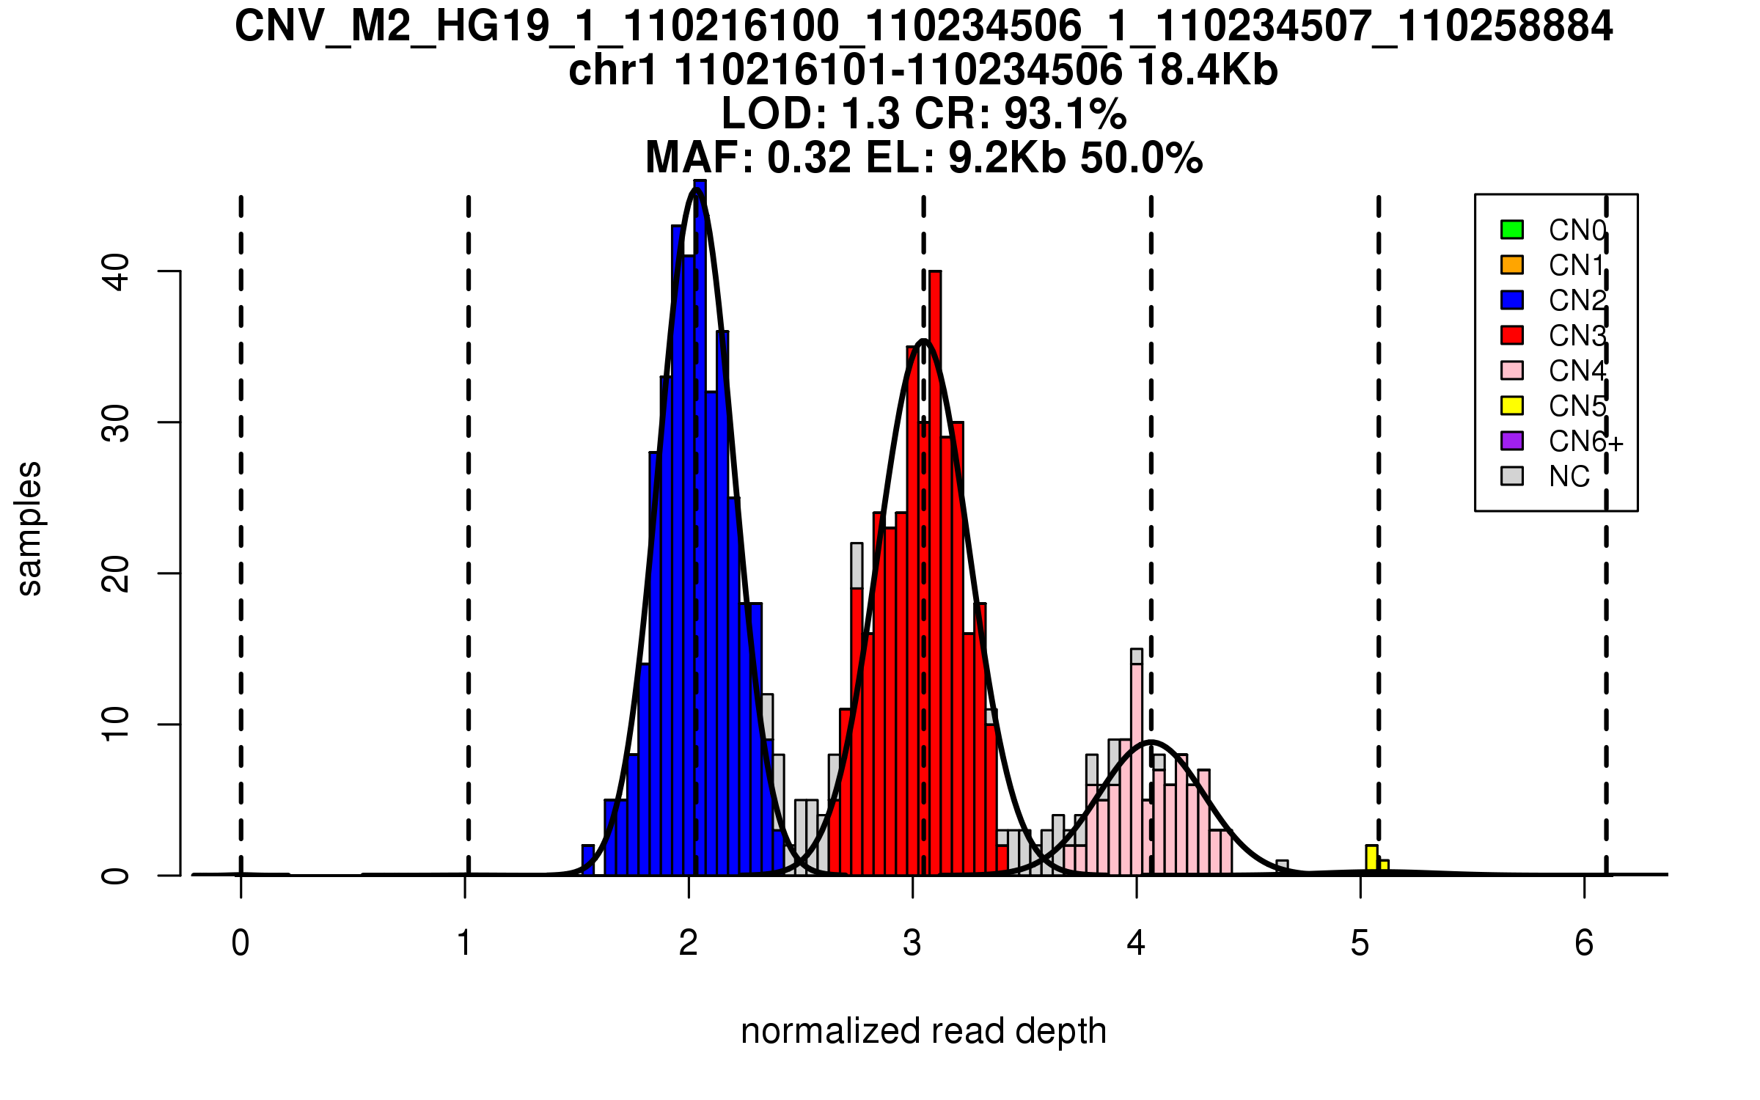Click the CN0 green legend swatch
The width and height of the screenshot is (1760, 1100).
click(1512, 230)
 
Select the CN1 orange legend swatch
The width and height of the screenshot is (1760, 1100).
click(1512, 265)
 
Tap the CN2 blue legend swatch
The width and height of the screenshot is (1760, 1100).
click(1512, 300)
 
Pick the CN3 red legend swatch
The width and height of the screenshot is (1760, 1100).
click(1512, 335)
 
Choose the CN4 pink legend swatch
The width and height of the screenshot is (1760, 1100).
click(1512, 370)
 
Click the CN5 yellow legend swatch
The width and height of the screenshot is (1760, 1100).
click(1512, 406)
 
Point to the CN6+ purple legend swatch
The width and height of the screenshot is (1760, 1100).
click(1512, 441)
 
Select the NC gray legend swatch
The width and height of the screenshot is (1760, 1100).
click(1512, 476)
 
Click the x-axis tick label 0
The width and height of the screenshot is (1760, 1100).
click(241, 943)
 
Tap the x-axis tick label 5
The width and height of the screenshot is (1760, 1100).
click(1360, 943)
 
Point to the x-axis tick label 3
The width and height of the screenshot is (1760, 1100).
click(912, 943)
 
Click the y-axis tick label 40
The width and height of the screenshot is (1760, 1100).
click(116, 271)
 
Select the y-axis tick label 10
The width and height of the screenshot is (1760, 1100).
click(116, 725)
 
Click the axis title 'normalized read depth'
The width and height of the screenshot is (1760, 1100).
click(923, 1031)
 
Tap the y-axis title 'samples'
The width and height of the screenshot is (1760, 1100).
click(29, 528)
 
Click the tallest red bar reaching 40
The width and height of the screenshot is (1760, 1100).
click(935, 572)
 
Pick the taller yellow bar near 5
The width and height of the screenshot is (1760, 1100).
click(1371, 860)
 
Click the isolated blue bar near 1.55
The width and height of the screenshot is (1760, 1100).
click(588, 860)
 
